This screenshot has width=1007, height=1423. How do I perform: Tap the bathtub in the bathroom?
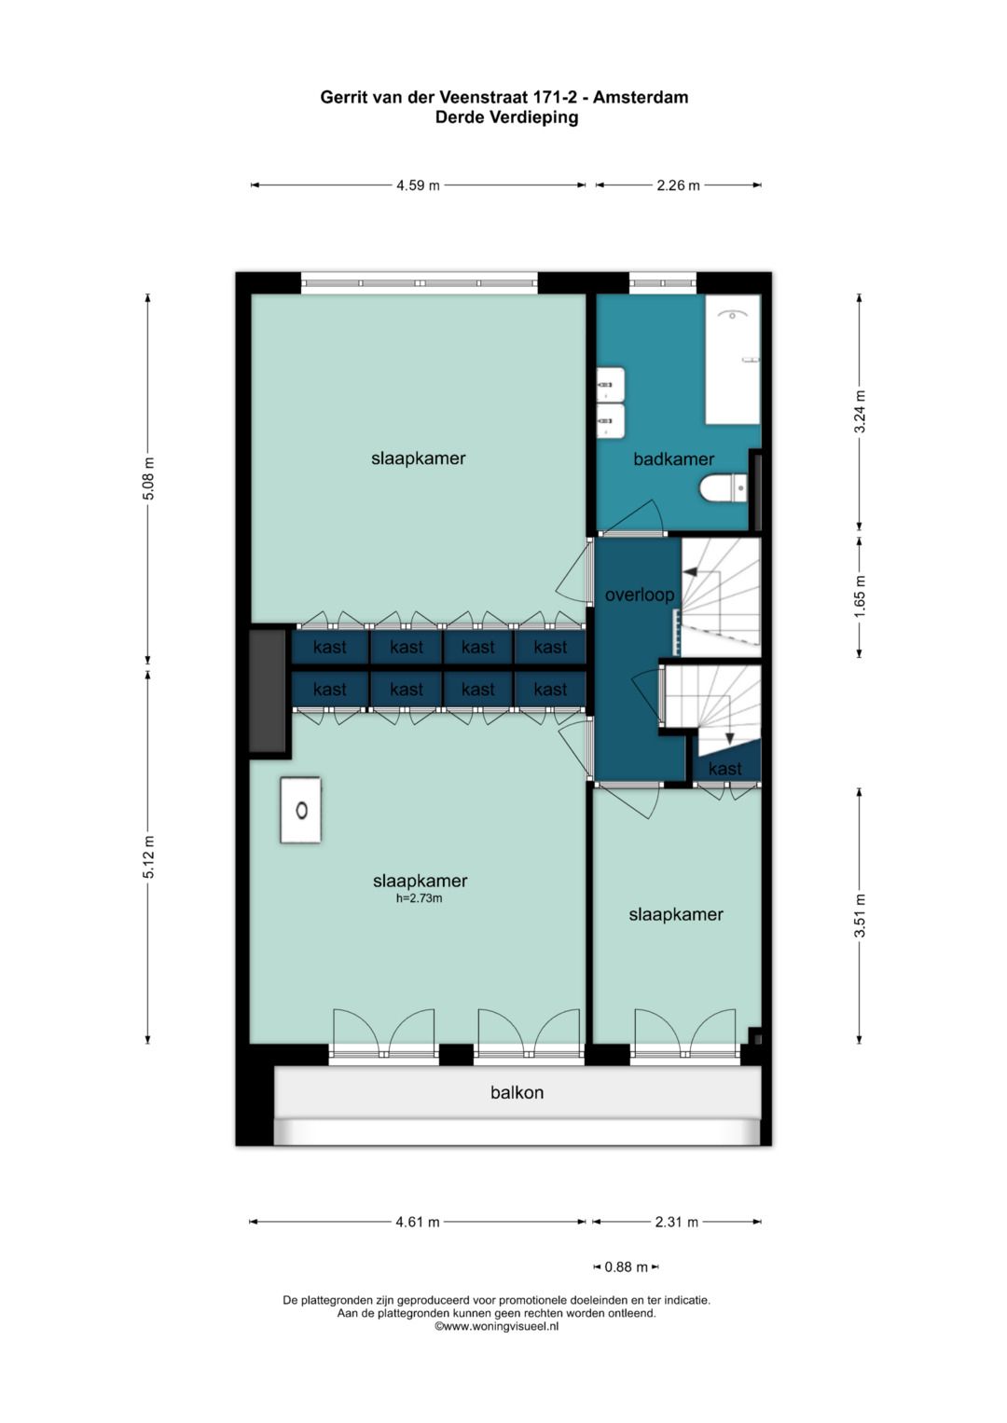[x=732, y=360]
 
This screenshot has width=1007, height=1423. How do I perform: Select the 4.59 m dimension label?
[x=418, y=185]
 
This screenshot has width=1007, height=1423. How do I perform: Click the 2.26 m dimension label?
[x=678, y=185]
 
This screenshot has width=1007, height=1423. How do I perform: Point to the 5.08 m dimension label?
[x=148, y=479]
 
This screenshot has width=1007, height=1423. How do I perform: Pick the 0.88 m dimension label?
[x=626, y=1267]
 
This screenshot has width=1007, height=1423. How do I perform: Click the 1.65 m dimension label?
[x=860, y=594]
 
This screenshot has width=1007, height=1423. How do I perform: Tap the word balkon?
[x=517, y=1092]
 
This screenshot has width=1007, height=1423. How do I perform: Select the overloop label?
[x=639, y=595]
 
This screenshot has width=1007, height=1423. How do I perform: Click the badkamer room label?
[x=673, y=458]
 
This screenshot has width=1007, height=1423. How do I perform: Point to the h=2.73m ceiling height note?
[x=419, y=898]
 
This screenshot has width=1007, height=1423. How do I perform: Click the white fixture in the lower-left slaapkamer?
[x=301, y=811]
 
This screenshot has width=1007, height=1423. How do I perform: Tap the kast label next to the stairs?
[x=724, y=769]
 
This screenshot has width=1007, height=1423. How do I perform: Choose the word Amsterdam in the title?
[x=641, y=97]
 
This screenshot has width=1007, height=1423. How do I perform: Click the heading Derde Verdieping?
[x=506, y=117]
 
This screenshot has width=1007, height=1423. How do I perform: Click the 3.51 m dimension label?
[x=860, y=915]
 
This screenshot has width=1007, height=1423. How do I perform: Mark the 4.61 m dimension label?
[x=418, y=1222]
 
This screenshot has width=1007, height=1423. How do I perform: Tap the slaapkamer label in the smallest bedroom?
[x=675, y=914]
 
